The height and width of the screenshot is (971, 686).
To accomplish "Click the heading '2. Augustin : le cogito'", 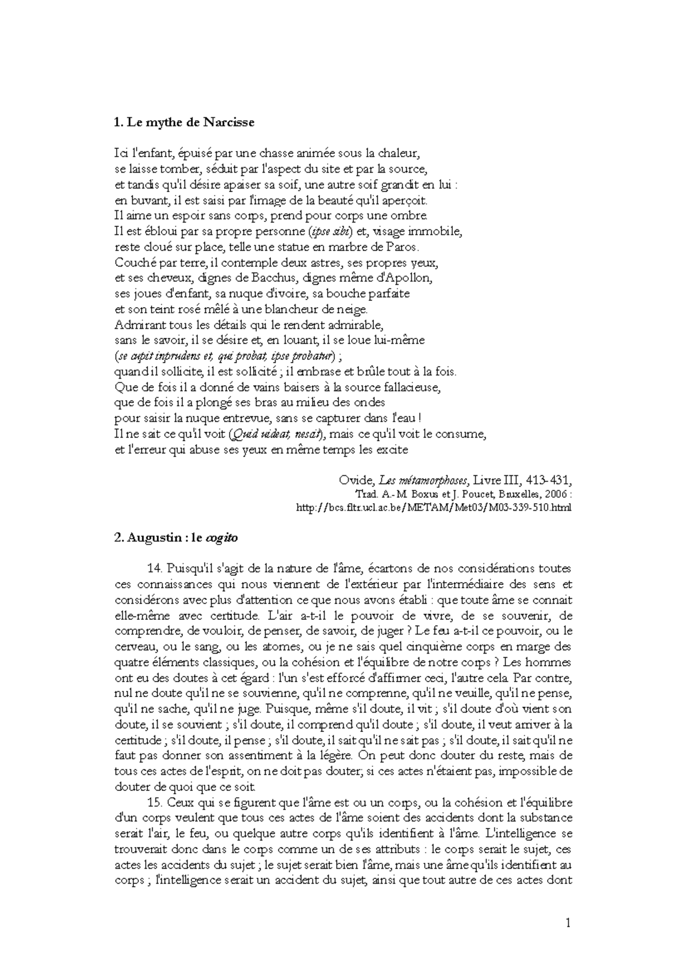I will [176, 538].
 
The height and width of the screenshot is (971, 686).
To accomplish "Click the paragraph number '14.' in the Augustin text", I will [155, 569].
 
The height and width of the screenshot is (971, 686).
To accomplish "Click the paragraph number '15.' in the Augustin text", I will [155, 802].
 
